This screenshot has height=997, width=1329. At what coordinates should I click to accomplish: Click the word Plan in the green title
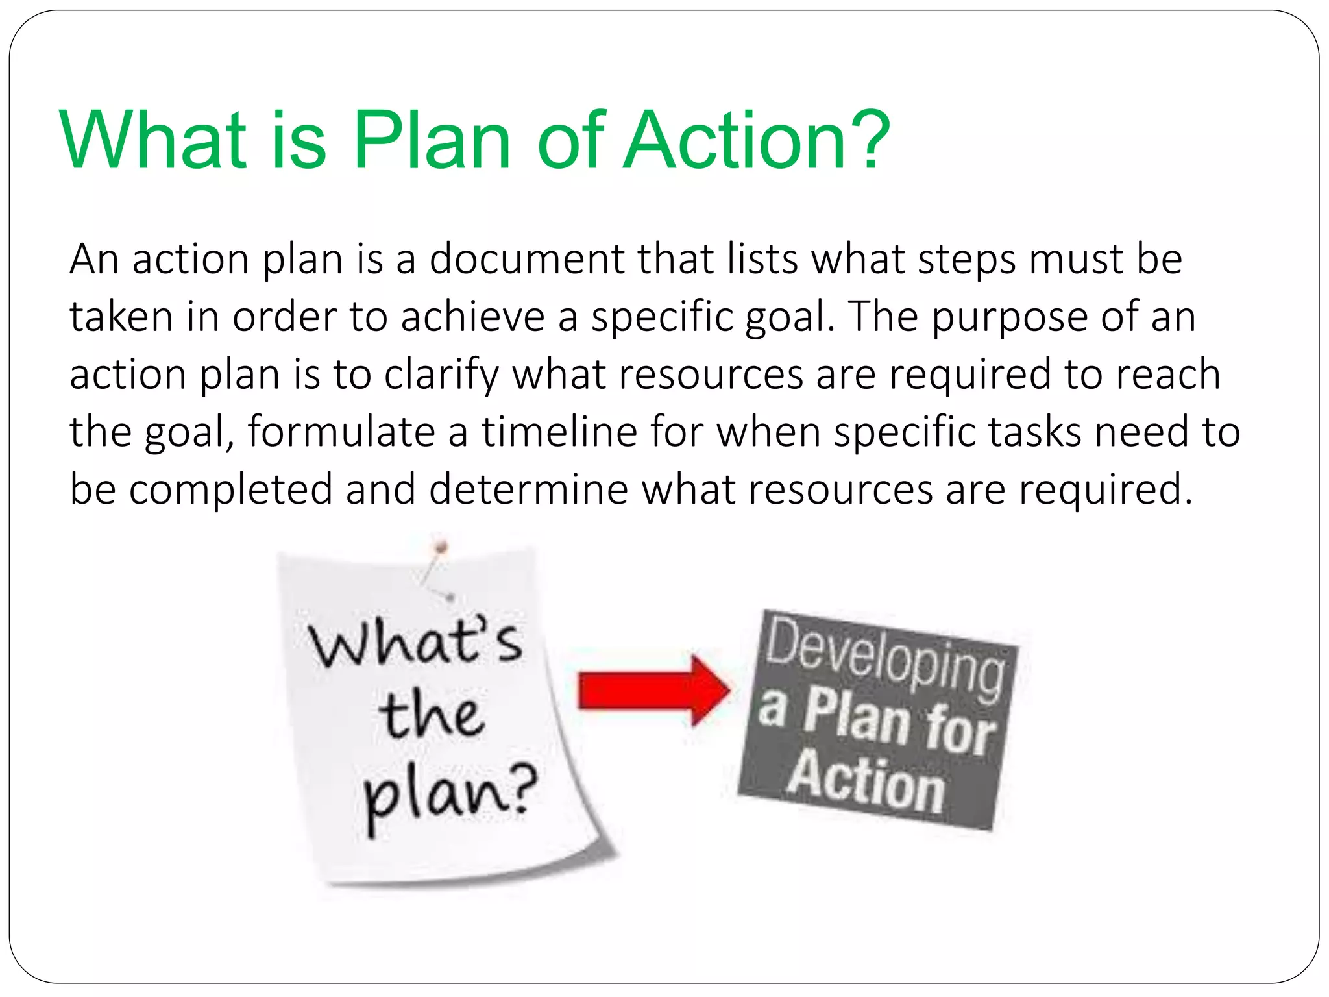(x=432, y=141)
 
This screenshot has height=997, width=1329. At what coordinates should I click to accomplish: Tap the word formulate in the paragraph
(x=341, y=432)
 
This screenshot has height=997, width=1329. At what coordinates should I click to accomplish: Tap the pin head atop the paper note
(x=441, y=547)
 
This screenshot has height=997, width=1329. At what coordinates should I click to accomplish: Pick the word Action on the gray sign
(x=866, y=782)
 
